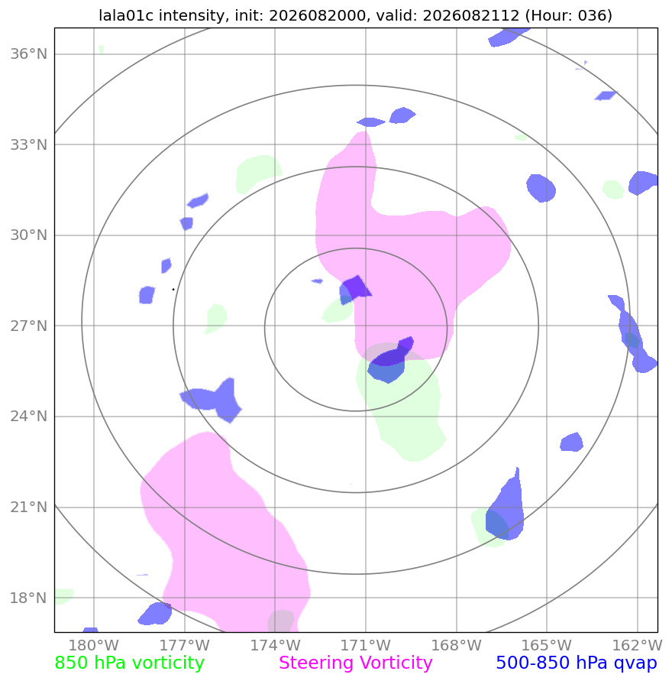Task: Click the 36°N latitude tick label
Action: coord(28,54)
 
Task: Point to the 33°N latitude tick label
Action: coord(28,144)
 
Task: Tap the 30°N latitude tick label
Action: coord(28,235)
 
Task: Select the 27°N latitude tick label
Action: coord(28,326)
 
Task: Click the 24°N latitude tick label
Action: coord(28,417)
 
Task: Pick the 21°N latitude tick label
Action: coord(28,507)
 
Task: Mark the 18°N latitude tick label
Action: coord(28,598)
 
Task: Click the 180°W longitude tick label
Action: coord(94,645)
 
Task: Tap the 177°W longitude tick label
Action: coord(185,645)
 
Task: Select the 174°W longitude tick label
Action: coord(275,645)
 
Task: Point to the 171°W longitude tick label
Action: coord(366,645)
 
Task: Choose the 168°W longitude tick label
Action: coord(457,645)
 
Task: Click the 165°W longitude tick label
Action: coord(547,645)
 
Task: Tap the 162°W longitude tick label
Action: coord(638,645)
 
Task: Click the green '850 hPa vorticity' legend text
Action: coord(129,663)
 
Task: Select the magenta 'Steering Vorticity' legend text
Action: coord(356,663)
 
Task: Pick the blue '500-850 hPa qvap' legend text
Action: coord(577,663)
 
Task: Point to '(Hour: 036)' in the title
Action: coord(569,15)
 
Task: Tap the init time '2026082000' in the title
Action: coord(317,15)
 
